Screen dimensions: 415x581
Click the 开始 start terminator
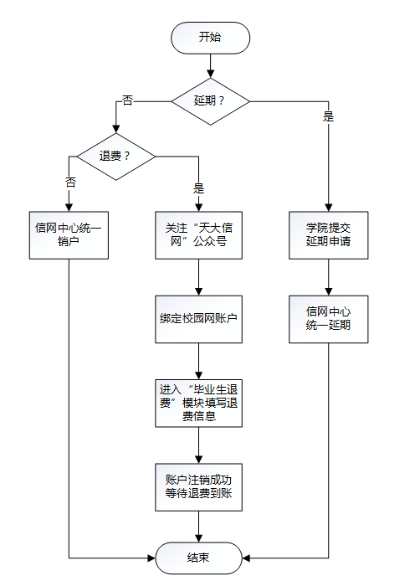click(210, 38)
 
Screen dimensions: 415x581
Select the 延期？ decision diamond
click(210, 101)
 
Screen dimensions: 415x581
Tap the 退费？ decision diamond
click(115, 157)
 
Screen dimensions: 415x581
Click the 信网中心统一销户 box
click(69, 235)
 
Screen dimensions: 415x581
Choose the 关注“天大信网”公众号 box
click(198, 235)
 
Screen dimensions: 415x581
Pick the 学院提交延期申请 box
click(328, 235)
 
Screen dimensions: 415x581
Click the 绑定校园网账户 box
click(198, 319)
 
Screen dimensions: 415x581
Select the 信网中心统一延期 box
click(328, 319)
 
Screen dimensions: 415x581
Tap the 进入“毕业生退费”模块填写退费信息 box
click(198, 404)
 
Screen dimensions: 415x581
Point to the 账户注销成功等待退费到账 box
click(198, 487)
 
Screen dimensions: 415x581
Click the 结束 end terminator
click(198, 558)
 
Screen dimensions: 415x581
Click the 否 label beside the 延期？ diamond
click(127, 100)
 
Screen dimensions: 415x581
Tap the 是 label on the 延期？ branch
click(328, 116)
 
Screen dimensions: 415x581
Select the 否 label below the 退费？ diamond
click(70, 182)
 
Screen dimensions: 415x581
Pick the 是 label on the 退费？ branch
click(198, 188)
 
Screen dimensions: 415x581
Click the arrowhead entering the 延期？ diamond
click(210, 74)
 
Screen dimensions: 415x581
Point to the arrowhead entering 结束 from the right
click(246, 558)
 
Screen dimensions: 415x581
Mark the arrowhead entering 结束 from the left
click(151, 558)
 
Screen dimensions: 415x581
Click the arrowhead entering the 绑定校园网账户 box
click(198, 291)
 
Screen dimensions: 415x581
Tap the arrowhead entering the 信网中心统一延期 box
click(328, 291)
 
